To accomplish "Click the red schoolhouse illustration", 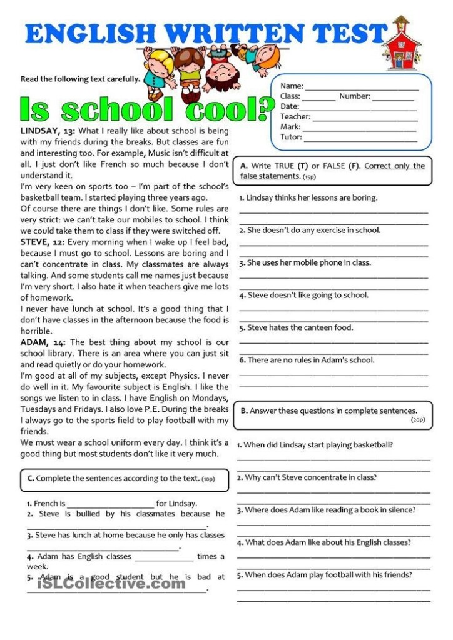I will [x=401, y=45].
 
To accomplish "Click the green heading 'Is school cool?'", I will [x=146, y=109].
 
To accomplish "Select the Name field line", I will [x=361, y=86].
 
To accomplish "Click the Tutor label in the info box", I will [x=291, y=137].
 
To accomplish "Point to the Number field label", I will [x=355, y=96].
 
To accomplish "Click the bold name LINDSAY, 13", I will [x=48, y=131].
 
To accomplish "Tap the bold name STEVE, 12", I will [x=42, y=242].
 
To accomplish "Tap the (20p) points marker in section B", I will [x=417, y=420].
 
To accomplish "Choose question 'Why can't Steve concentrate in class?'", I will [x=307, y=477].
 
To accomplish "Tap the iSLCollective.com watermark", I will [x=111, y=584].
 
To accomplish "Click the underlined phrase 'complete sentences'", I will [x=380, y=411].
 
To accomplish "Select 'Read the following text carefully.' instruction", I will [x=80, y=79].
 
